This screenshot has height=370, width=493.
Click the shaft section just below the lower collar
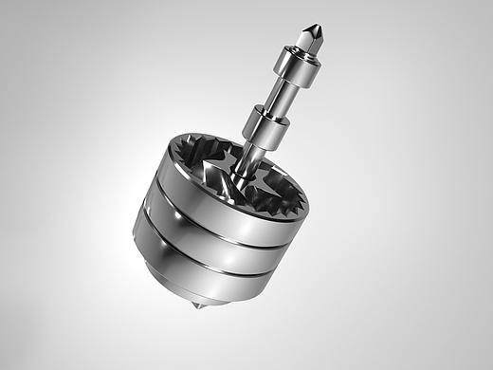click(x=252, y=157)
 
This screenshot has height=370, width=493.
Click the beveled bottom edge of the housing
click(x=204, y=299)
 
